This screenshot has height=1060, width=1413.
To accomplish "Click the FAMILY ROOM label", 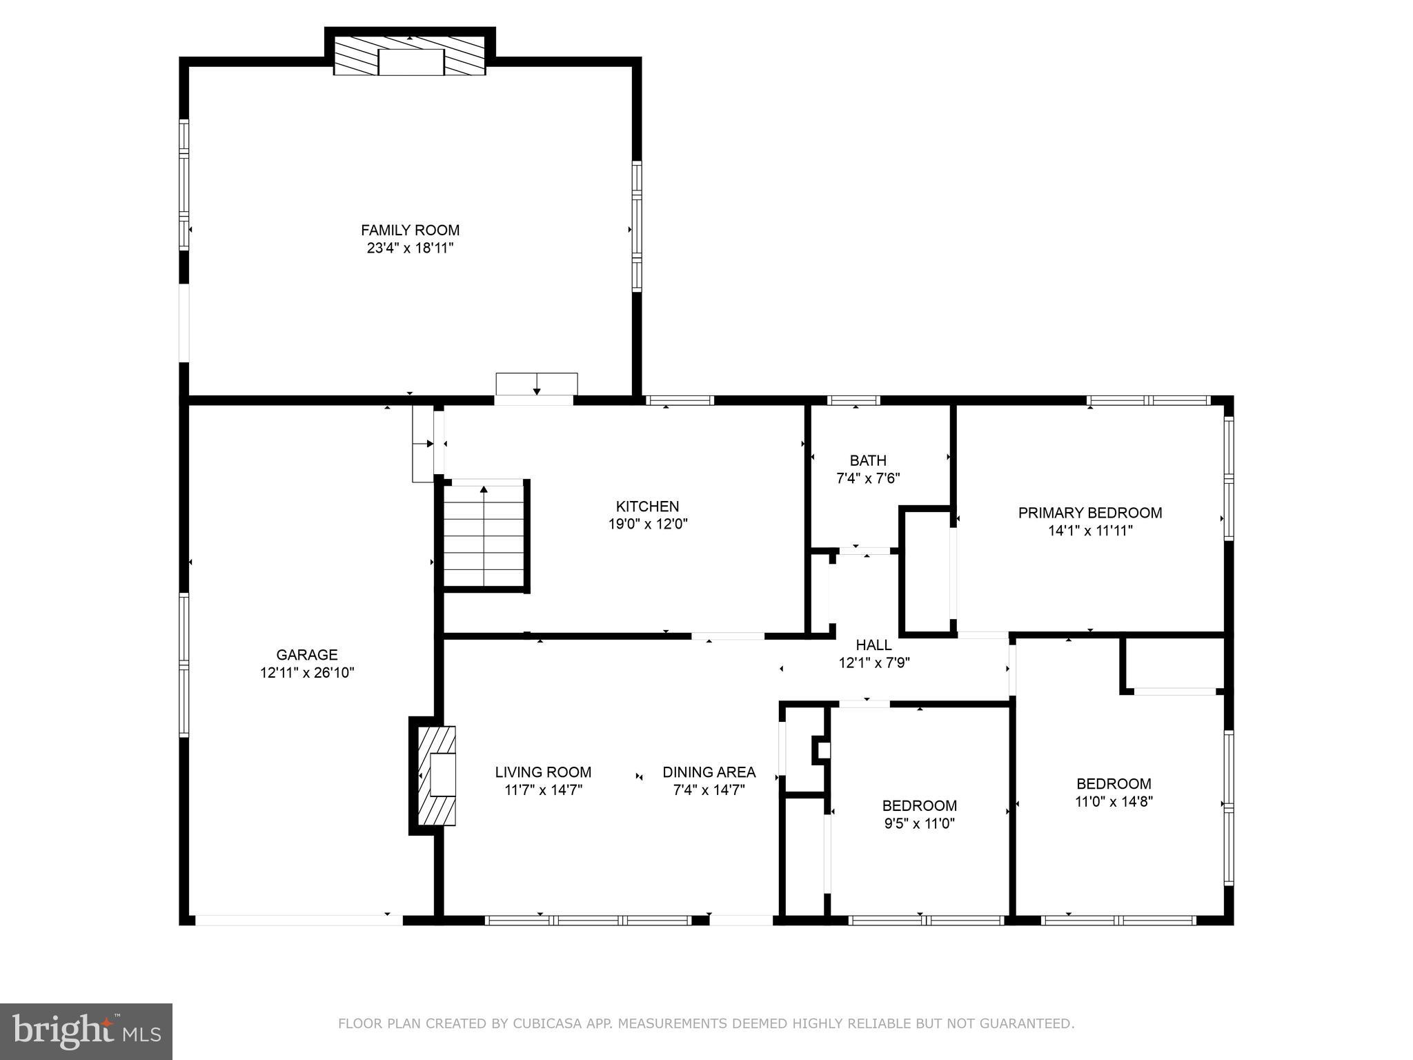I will point(410,230).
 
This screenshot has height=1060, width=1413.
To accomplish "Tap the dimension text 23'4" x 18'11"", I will point(410,248).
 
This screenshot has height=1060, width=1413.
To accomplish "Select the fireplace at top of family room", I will point(410,61).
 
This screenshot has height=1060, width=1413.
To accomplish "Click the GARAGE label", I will point(306,655).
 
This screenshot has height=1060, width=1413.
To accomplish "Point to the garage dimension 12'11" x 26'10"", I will point(306,673).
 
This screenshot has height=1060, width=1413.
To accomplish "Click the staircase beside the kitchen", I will point(484,536).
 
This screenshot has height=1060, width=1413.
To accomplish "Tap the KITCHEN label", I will point(647,507).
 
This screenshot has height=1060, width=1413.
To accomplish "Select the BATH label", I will point(868,460).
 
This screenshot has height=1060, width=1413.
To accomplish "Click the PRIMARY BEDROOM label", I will point(1090,513).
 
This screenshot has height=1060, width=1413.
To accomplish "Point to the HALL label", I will point(873,645).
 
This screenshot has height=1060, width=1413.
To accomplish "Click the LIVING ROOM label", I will point(543,772).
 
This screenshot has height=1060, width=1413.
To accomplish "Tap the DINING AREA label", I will point(709,772).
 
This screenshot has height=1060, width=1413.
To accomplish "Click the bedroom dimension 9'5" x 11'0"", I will point(919,823).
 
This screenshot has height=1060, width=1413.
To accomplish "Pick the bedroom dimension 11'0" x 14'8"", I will point(1114,801).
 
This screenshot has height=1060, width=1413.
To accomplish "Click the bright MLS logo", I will point(86,1032).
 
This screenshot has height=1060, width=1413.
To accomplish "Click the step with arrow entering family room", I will point(537,384).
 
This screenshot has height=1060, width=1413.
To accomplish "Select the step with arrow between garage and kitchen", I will point(422,444).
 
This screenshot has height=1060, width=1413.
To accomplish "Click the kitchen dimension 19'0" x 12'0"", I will point(647,524).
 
